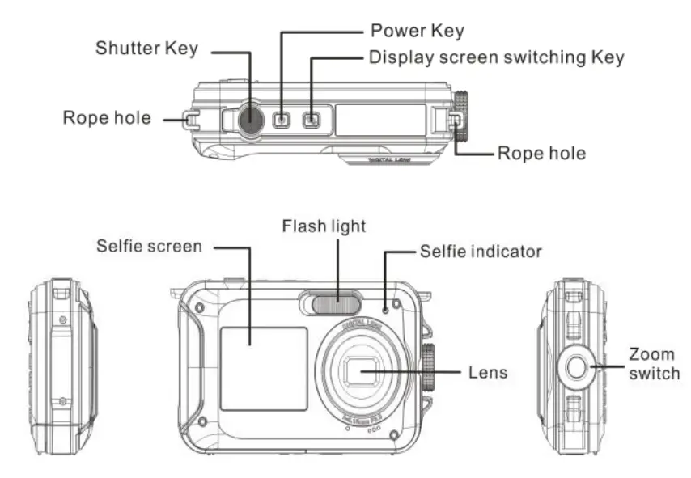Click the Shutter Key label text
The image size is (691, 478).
[146, 48]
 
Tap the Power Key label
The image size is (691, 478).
[417, 32]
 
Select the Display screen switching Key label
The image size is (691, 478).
[496, 58]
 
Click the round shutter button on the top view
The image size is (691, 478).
[251, 120]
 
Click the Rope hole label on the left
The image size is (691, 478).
[107, 118]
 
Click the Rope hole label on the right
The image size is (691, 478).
[541, 153]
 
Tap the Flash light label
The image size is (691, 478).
[324, 226]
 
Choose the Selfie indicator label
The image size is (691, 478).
[481, 252]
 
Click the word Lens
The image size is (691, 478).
[488, 373]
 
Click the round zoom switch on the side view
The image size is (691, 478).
[577, 366]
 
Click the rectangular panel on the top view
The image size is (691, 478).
[380, 120]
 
